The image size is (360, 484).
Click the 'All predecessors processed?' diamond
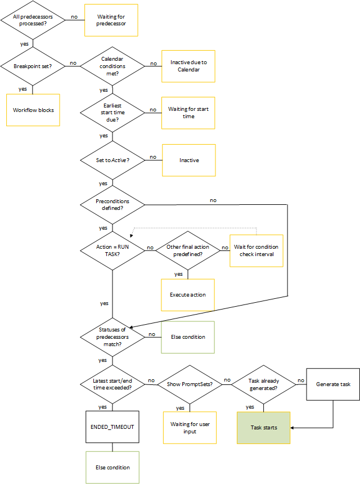click(x=33, y=20)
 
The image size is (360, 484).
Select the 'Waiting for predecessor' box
click(x=111, y=20)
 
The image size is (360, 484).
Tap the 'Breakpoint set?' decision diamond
click(x=33, y=66)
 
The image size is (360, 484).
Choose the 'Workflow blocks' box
click(x=33, y=110)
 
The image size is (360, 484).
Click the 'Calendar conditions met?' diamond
click(x=112, y=66)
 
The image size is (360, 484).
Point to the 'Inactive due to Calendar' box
click(x=188, y=66)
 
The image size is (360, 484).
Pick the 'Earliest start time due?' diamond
click(x=112, y=113)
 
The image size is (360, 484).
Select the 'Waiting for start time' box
click(x=188, y=113)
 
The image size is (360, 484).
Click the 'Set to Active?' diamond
click(x=112, y=160)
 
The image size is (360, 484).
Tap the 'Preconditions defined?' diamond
click(x=112, y=204)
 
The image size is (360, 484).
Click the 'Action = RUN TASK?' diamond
click(x=112, y=250)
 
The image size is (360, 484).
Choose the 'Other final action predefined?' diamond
click(x=187, y=250)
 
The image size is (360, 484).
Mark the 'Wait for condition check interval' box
click(x=256, y=250)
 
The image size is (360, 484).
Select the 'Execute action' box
click(x=188, y=294)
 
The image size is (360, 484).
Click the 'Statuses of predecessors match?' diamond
click(x=112, y=337)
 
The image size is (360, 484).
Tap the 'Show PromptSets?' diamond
click(x=187, y=384)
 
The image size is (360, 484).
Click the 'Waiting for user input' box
click(x=190, y=427)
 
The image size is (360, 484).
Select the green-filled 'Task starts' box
click(x=264, y=427)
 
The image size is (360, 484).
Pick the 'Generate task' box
click(x=333, y=384)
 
